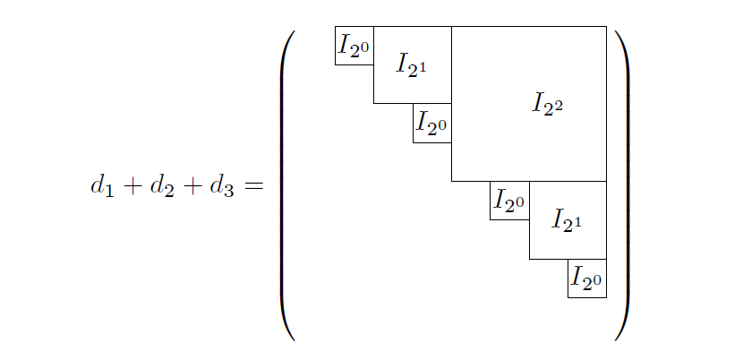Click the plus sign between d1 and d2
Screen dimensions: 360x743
coord(132,188)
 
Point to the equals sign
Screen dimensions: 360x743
coord(254,188)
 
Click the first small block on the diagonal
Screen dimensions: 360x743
coord(354,46)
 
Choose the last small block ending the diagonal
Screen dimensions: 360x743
coord(587,279)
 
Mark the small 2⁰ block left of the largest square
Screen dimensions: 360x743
coord(431,124)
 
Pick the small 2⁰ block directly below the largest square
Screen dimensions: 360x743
coord(509,201)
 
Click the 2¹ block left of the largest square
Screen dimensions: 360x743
coord(412,64)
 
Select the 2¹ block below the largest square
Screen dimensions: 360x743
coord(568,220)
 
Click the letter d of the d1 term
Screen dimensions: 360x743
coord(98,186)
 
